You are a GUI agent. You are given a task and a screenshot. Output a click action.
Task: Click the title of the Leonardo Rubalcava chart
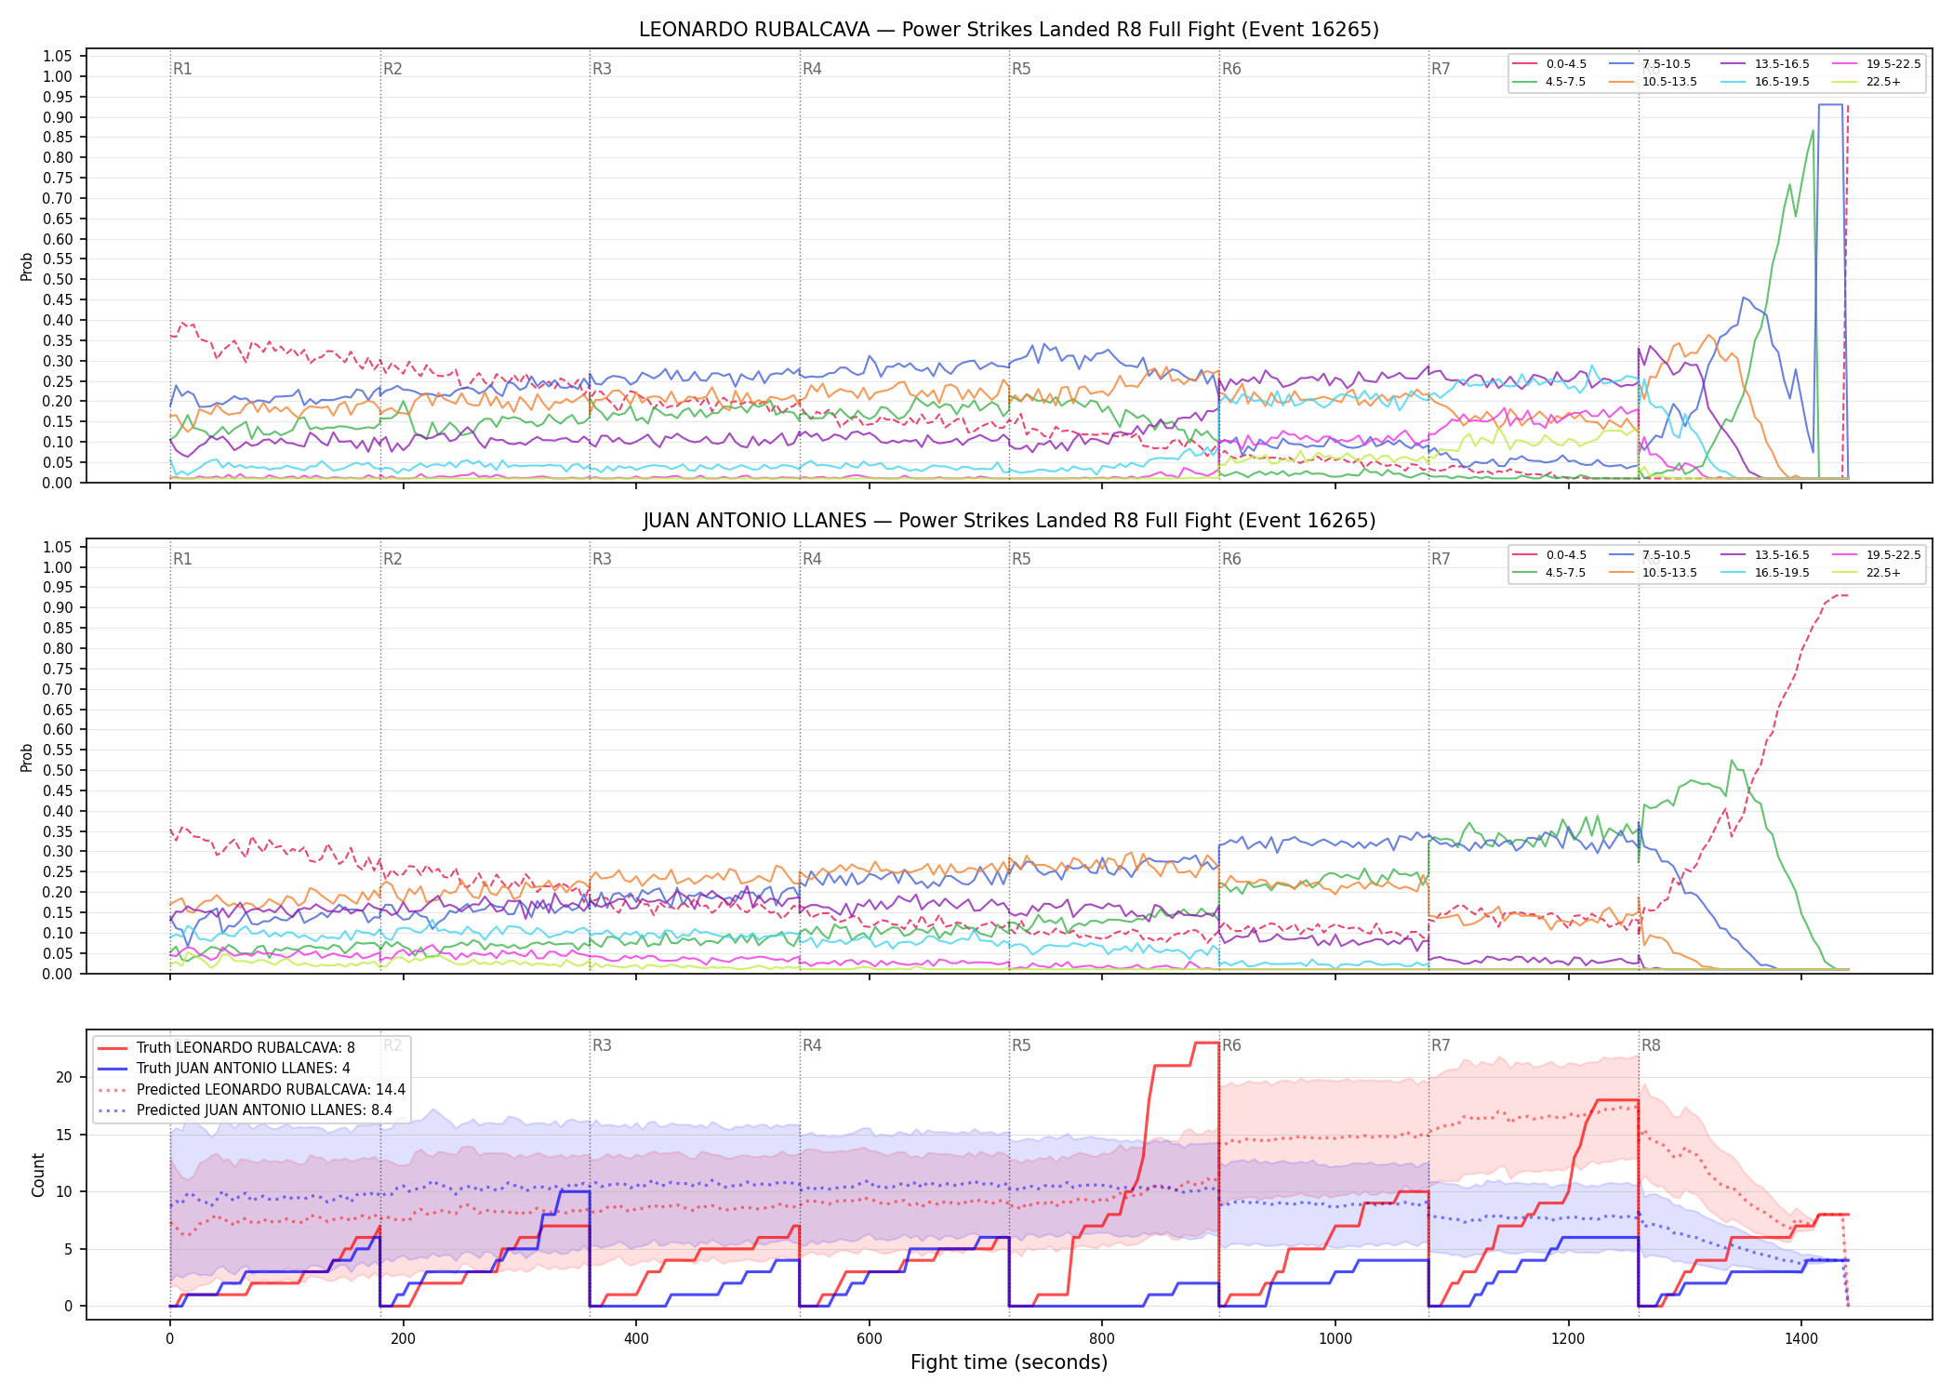(x=1009, y=30)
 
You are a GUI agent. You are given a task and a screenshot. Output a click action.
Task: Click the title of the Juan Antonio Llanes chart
(x=1009, y=521)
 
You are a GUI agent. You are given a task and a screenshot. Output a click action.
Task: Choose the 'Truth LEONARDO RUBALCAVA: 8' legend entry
(x=226, y=1048)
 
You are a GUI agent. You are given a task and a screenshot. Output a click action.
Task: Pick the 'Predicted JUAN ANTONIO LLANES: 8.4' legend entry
(x=252, y=1110)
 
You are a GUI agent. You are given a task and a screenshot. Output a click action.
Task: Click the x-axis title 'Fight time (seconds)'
(x=1009, y=1362)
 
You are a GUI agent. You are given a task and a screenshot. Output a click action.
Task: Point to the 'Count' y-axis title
(x=38, y=1175)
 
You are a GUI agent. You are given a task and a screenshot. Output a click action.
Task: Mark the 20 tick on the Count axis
(x=64, y=1078)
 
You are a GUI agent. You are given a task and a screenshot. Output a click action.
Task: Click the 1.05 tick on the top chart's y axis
(x=58, y=57)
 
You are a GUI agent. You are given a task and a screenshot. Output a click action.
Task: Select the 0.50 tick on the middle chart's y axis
(x=58, y=771)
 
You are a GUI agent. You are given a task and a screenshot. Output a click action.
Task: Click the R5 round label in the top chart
(x=1021, y=69)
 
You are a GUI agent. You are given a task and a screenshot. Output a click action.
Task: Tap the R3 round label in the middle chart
(x=602, y=559)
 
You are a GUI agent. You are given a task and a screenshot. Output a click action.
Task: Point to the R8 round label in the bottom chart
(x=1651, y=1045)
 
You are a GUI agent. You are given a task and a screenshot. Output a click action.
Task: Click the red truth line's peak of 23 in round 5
(x=1207, y=1043)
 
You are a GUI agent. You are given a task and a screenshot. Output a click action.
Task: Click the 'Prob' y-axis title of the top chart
(x=27, y=267)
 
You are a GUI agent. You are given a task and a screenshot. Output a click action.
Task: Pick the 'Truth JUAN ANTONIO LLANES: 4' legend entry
(x=223, y=1069)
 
